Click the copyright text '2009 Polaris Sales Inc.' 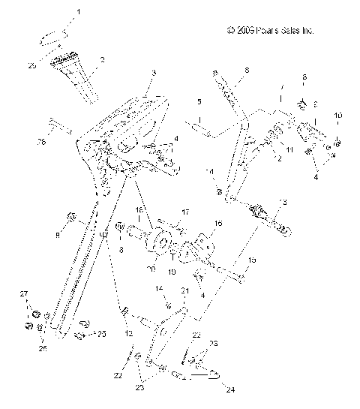pyautogui.click(x=270, y=32)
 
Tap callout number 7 pyautogui.click(x=281, y=87)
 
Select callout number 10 pyautogui.click(x=337, y=115)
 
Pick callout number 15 pyautogui.click(x=252, y=259)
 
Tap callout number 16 pyautogui.click(x=219, y=223)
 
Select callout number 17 pyautogui.click(x=186, y=212)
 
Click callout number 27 pyautogui.click(x=23, y=293)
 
